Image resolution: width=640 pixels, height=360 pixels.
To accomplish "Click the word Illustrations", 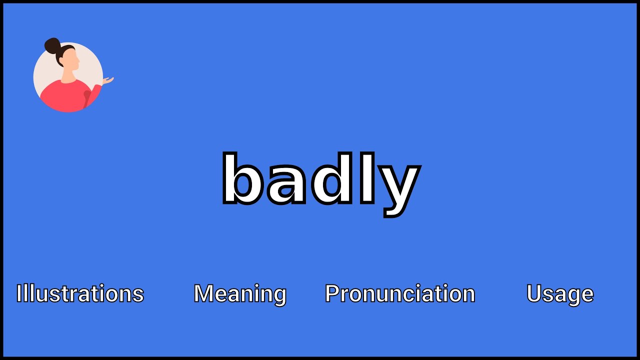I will (x=80, y=293).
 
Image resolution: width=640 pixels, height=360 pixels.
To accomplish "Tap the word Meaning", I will (x=240, y=294).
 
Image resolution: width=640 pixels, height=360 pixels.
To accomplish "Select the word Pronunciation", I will (x=400, y=293).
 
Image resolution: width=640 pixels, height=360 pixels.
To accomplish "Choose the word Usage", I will (x=560, y=294).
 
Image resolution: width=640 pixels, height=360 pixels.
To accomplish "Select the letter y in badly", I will (x=397, y=190).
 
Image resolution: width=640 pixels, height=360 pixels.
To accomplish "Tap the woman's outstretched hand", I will (x=108, y=80).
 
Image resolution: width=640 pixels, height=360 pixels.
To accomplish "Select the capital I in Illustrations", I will (x=19, y=293).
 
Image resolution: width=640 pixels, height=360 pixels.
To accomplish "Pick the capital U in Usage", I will (x=533, y=293).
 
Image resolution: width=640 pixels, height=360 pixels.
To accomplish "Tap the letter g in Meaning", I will (x=279, y=296).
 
